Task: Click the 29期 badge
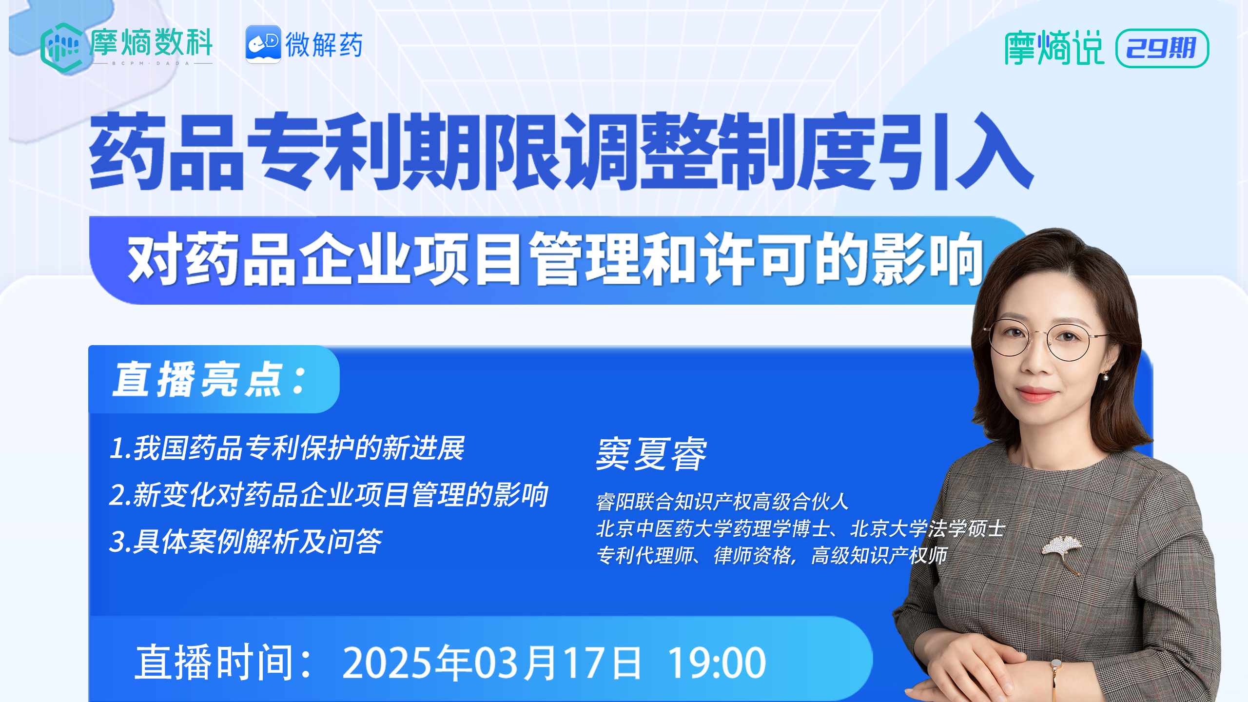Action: (x=1162, y=48)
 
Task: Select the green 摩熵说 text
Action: (x=1054, y=48)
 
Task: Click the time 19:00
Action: (x=717, y=663)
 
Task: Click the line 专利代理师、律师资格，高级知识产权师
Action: (x=772, y=555)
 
